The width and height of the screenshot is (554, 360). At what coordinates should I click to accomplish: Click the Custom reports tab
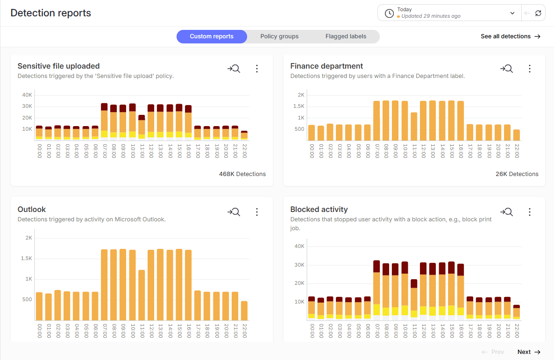(x=211, y=36)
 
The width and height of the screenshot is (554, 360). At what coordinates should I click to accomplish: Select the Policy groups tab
(x=279, y=36)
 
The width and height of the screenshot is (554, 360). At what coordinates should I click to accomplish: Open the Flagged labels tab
(x=346, y=36)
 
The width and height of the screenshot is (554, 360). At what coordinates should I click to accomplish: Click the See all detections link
(x=510, y=36)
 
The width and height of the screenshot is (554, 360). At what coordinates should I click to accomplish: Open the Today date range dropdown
(x=449, y=13)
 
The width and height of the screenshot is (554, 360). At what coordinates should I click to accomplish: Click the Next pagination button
(x=528, y=352)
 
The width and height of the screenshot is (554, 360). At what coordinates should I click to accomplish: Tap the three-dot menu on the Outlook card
(x=257, y=212)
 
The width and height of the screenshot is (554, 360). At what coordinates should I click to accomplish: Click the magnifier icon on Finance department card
(x=506, y=69)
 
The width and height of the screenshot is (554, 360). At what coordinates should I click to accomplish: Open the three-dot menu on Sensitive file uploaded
(x=257, y=69)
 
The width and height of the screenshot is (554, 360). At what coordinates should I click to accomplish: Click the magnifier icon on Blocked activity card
(x=506, y=212)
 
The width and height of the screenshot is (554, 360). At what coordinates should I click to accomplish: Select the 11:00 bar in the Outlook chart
(x=142, y=295)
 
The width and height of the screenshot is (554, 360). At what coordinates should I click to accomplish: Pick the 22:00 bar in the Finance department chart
(x=516, y=135)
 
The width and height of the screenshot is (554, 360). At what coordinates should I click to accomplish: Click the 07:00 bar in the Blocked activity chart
(x=376, y=289)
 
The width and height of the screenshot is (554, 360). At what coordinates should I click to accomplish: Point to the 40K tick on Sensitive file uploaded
(x=27, y=95)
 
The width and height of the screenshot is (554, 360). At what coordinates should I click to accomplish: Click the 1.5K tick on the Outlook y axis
(x=27, y=258)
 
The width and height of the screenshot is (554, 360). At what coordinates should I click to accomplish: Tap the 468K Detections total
(x=242, y=174)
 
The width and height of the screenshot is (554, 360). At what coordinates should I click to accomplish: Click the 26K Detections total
(x=517, y=174)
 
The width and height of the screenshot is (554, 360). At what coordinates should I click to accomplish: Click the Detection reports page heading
(x=51, y=13)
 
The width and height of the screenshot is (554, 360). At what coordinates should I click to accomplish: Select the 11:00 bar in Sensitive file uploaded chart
(x=142, y=127)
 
